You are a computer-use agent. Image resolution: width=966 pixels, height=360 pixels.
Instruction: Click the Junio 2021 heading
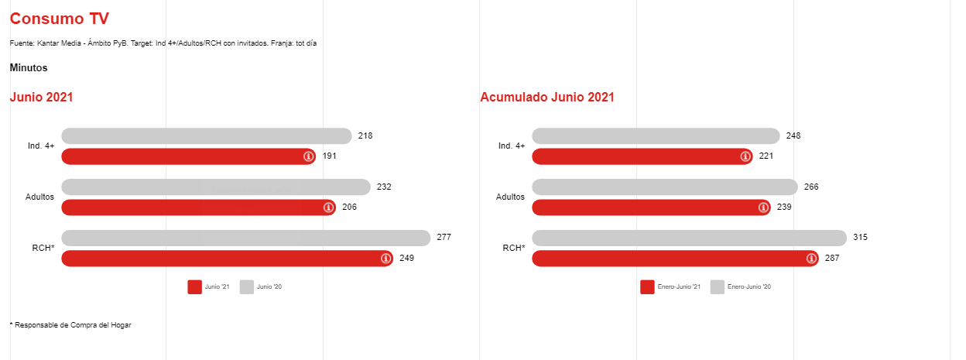pyautogui.click(x=42, y=98)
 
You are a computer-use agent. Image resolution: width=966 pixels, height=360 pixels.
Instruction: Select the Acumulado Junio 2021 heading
pyautogui.click(x=547, y=98)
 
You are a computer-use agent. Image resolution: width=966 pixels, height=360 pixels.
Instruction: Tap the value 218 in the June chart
pyautogui.click(x=365, y=136)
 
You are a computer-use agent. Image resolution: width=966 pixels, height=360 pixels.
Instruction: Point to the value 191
pyautogui.click(x=330, y=156)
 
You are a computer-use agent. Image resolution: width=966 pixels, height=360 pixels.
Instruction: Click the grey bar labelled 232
pyautogui.click(x=216, y=187)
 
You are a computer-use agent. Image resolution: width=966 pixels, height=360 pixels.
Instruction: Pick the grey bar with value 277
pyautogui.click(x=245, y=238)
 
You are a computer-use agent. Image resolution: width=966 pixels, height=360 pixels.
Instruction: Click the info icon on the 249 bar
pyautogui.click(x=386, y=259)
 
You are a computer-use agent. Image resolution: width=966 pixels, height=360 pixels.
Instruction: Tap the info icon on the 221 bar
pyautogui.click(x=745, y=156)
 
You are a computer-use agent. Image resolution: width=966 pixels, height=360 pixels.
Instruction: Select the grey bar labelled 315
pyautogui.click(x=689, y=238)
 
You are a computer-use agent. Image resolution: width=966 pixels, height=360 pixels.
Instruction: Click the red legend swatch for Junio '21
pyautogui.click(x=194, y=287)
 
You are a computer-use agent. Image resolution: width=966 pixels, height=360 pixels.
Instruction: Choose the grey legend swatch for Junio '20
pyautogui.click(x=246, y=287)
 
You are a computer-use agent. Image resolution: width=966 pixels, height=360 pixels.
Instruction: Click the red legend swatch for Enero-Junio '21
pyautogui.click(x=647, y=287)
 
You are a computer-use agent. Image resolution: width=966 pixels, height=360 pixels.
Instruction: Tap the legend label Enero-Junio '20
pyautogui.click(x=749, y=287)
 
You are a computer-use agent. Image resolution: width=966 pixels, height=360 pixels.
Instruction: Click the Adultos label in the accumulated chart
pyautogui.click(x=510, y=197)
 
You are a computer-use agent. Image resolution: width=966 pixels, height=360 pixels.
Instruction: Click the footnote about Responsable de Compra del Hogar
pyautogui.click(x=70, y=325)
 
